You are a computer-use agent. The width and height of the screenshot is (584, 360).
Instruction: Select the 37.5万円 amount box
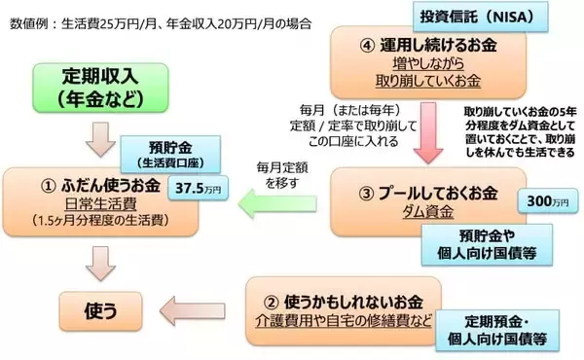194,191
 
